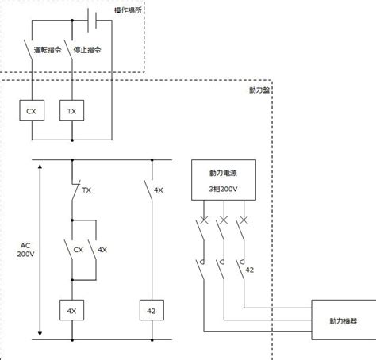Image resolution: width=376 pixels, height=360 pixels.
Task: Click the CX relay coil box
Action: coord(32,110)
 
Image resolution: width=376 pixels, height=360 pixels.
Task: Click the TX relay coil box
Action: coord(72,110)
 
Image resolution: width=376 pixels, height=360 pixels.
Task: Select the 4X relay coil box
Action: coord(72,310)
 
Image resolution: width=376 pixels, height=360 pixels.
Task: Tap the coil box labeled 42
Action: coord(152,310)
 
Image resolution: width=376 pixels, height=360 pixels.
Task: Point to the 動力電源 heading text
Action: coord(223,173)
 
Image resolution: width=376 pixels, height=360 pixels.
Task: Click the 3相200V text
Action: coord(223,189)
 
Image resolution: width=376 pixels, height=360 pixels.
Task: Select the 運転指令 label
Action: coord(48,50)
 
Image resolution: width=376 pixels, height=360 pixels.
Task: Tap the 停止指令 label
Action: coord(87,50)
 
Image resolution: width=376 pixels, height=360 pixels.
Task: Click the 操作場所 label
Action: coord(128,10)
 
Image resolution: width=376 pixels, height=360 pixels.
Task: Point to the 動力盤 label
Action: coord(259,90)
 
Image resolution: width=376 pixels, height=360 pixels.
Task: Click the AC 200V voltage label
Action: coord(25,250)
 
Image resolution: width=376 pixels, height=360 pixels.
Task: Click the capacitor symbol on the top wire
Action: coord(92,20)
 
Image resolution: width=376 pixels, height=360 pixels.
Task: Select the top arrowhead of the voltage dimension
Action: coord(40,167)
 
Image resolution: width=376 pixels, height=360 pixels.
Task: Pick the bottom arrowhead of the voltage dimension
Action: coord(40,333)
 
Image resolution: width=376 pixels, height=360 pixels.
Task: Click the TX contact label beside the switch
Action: coord(86,190)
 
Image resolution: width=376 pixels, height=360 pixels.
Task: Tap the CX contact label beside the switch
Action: coord(79,250)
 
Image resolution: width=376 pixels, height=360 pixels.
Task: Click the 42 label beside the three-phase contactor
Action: coord(249,270)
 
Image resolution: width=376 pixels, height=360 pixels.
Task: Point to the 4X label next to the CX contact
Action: coord(102,250)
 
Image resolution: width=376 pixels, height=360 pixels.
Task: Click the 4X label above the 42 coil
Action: coord(159,190)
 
